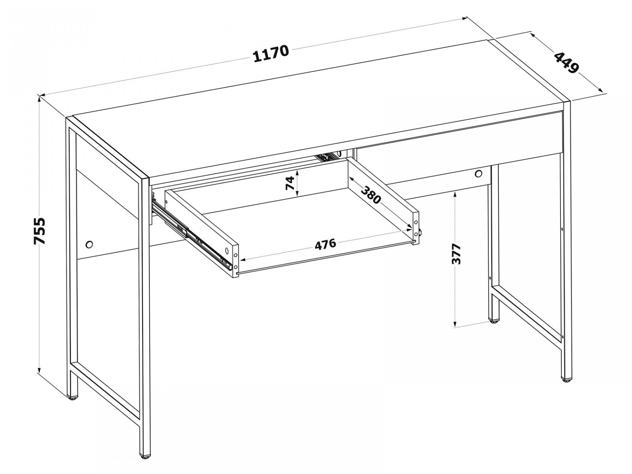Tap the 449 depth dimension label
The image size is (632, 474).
coord(566,67)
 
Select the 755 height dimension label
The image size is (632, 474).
coord(39,231)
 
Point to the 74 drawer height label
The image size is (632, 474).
coord(290,183)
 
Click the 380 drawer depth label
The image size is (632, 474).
coord(371,195)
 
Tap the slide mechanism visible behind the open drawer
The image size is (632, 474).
coord(326,157)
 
